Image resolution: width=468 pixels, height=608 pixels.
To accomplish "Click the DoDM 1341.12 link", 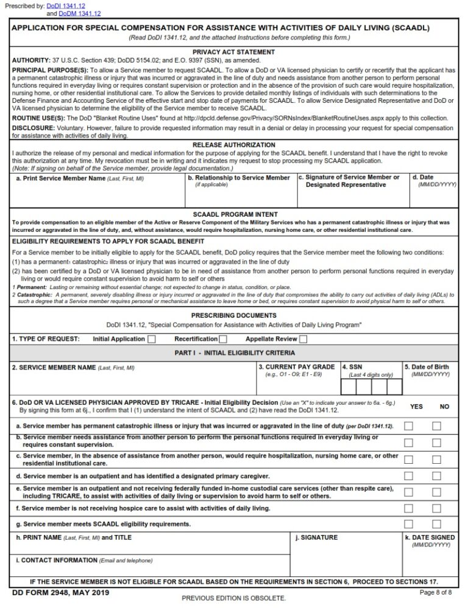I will point(80,13).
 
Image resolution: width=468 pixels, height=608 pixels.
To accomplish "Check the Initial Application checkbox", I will point(152,339).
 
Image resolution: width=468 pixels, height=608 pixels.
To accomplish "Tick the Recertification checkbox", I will point(223,339).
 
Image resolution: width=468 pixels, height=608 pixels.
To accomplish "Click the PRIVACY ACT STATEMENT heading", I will point(233,52).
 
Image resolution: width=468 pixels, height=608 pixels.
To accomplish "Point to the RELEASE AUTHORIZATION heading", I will point(233,145).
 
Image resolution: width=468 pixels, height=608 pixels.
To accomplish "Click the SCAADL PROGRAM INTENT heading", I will point(233,214).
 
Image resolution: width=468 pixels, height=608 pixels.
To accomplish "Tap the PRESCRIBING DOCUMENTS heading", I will point(233,316).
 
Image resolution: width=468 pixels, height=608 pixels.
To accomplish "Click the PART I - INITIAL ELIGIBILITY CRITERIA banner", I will point(233,353).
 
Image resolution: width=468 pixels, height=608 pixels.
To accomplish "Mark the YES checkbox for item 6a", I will point(408,426).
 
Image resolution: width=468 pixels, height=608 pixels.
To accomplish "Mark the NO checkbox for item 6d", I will point(436,475).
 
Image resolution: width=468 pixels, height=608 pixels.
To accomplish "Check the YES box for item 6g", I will point(408,524).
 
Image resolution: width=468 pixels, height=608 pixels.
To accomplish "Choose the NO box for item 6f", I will point(436,508).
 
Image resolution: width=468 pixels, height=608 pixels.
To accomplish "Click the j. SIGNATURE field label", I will point(316,538).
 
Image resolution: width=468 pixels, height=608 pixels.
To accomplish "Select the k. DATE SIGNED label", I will point(430,538).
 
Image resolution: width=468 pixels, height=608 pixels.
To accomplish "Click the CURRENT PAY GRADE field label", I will point(296,367).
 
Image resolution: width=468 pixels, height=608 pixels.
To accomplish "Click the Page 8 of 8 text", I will point(436,592).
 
